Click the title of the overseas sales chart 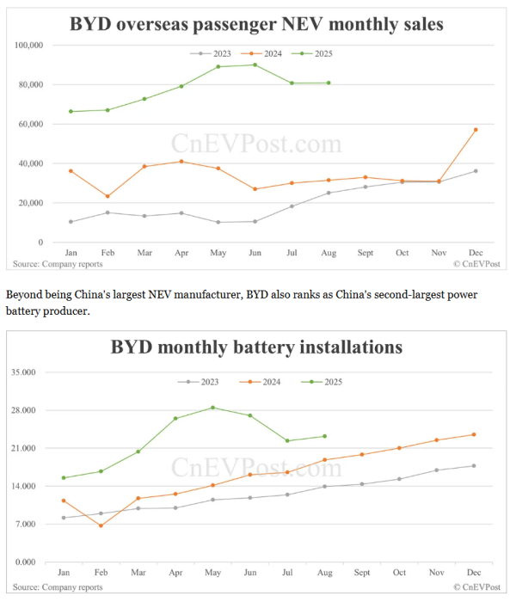(256, 24)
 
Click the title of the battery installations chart (256, 347)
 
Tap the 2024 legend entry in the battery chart (263, 381)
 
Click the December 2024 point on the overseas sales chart (476, 130)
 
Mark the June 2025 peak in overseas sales (255, 64)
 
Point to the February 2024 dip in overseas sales (107, 196)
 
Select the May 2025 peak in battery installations (212, 408)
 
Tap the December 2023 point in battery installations (474, 466)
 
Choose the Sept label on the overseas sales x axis (365, 254)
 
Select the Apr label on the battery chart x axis (175, 572)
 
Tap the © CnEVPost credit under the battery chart (476, 587)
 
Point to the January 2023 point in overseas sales (71, 222)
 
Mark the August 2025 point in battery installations (324, 436)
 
